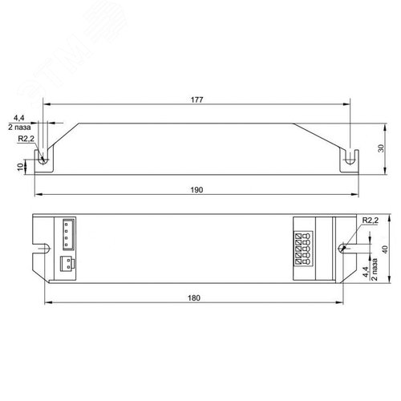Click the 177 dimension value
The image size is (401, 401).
click(x=197, y=99)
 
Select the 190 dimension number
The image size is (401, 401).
click(x=196, y=190)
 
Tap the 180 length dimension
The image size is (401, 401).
click(x=194, y=298)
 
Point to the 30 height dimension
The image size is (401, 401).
click(x=381, y=148)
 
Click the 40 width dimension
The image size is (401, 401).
click(x=385, y=250)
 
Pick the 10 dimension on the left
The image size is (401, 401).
click(x=20, y=167)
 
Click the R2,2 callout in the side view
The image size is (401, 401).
click(x=26, y=139)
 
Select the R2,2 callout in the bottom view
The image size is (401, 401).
click(x=371, y=221)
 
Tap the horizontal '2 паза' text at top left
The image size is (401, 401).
click(x=19, y=128)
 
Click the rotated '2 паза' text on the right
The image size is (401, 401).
click(x=375, y=269)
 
